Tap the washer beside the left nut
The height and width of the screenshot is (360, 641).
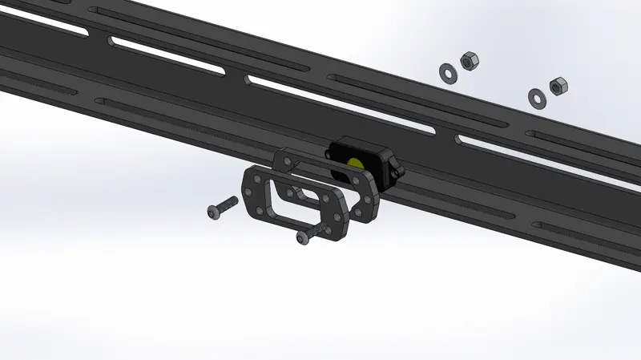[x=447, y=71]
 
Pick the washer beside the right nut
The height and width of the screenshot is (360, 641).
[x=536, y=97]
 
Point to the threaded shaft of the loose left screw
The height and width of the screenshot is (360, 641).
[x=228, y=203]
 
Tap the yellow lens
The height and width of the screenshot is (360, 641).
[x=354, y=164]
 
